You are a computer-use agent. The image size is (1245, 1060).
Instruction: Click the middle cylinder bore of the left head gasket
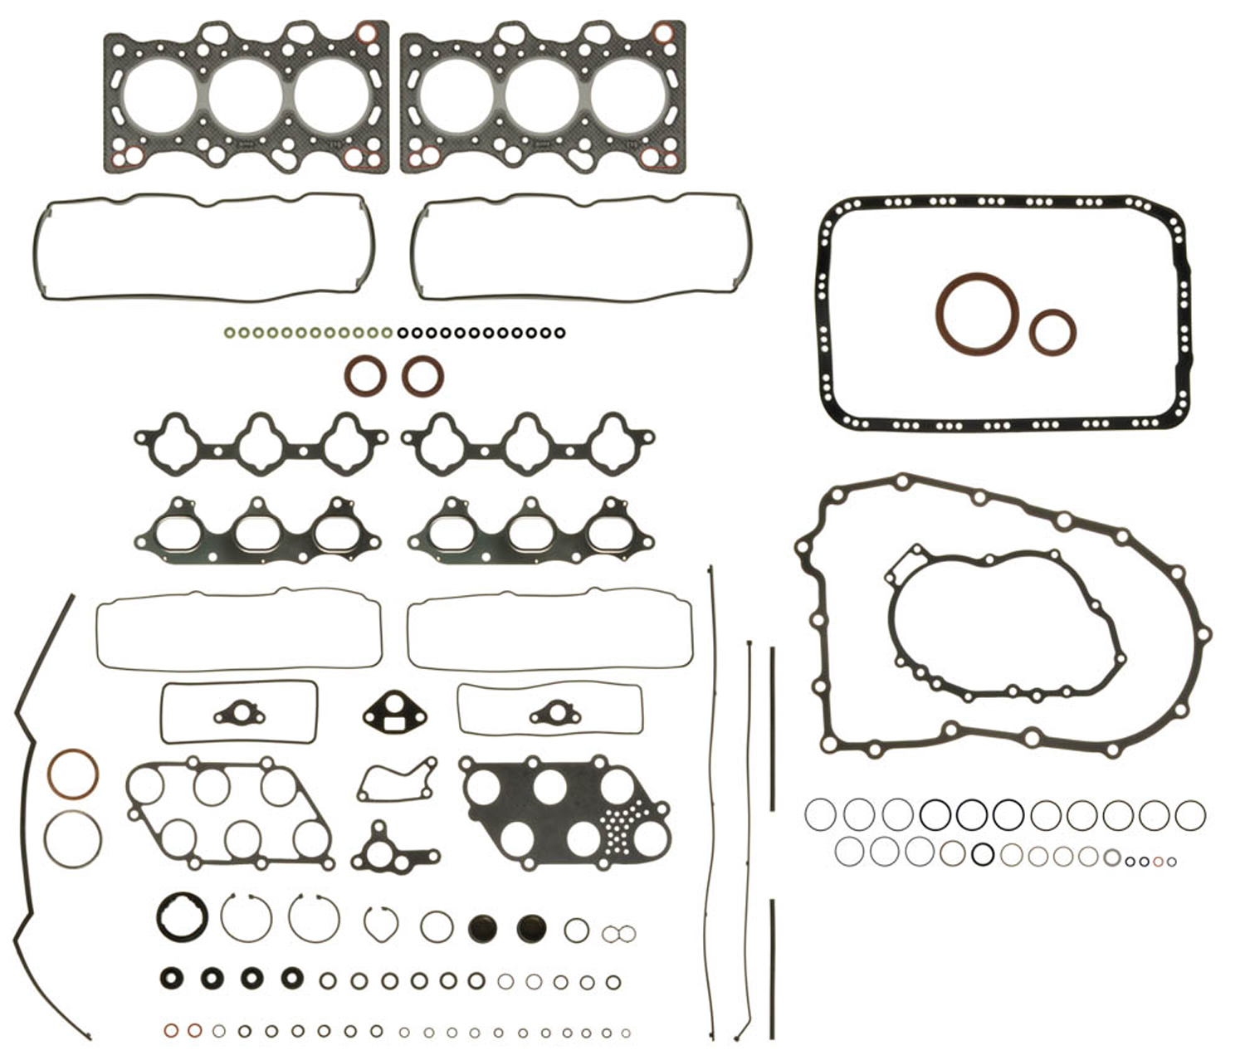pyautogui.click(x=247, y=95)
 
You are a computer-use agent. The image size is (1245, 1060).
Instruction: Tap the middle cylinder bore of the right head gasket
pyautogui.click(x=544, y=95)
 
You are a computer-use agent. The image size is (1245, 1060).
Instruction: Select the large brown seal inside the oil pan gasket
pyautogui.click(x=978, y=314)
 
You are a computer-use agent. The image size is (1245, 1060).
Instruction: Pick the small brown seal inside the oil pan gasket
pyautogui.click(x=1052, y=332)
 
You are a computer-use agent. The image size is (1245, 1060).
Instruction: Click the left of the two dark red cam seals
pyautogui.click(x=365, y=376)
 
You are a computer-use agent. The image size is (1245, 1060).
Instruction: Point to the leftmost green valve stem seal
pyautogui.click(x=229, y=334)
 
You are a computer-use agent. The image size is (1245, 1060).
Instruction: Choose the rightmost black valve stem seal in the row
pyautogui.click(x=559, y=334)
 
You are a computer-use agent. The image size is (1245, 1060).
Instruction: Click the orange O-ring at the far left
pyautogui.click(x=73, y=774)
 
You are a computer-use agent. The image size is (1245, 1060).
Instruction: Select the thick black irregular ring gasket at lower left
pyautogui.click(x=182, y=916)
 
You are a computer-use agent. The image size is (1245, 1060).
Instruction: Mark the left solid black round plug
pyautogui.click(x=483, y=929)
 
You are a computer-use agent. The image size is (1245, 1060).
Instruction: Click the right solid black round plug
pyautogui.click(x=531, y=929)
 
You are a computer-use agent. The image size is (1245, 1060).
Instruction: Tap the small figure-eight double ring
pyautogui.click(x=618, y=934)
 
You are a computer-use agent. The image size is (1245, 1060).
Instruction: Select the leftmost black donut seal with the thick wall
pyautogui.click(x=172, y=978)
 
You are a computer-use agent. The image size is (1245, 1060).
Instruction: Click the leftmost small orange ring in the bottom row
pyautogui.click(x=171, y=1031)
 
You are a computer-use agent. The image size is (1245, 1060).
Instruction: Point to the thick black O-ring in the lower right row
pyautogui.click(x=983, y=853)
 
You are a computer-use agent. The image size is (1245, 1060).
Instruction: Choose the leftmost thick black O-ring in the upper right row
pyautogui.click(x=935, y=814)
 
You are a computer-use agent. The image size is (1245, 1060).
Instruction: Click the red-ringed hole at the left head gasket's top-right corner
pyautogui.click(x=366, y=34)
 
